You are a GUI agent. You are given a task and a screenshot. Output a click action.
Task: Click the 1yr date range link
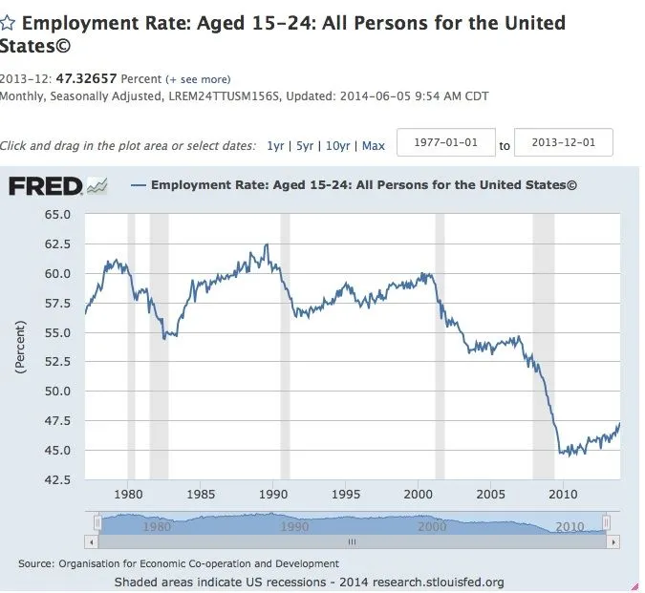[x=275, y=146]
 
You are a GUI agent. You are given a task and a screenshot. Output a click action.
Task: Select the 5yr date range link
[x=305, y=146]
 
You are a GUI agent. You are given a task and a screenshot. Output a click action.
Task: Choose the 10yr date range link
[x=337, y=146]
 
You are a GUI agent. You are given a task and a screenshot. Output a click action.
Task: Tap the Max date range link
[x=373, y=146]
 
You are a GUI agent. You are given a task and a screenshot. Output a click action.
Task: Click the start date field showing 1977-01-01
[x=445, y=143]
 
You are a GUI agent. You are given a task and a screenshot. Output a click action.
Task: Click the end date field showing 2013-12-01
[x=563, y=143]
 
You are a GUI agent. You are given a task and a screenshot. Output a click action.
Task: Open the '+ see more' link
[x=198, y=78]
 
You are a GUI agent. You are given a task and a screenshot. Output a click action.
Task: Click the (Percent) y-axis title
[x=21, y=347]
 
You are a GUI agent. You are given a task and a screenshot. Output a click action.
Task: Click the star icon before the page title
[x=8, y=23]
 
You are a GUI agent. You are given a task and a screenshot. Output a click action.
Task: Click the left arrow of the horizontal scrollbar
[x=92, y=541]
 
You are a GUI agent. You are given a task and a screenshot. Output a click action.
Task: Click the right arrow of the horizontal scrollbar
[x=612, y=541]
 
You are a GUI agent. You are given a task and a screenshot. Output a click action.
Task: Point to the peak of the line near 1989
[x=266, y=244]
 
